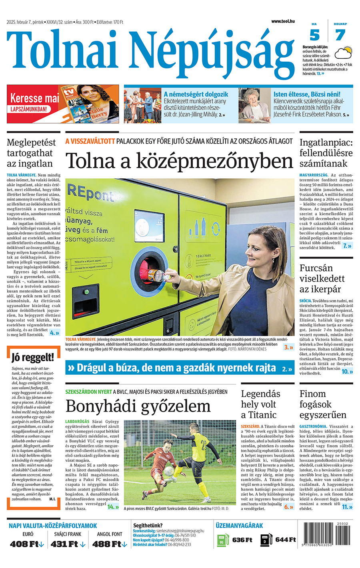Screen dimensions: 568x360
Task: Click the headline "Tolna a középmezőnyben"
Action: coord(180,161)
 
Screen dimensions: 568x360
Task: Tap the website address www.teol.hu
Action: coord(283,21)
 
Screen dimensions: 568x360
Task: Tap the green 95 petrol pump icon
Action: coord(222,540)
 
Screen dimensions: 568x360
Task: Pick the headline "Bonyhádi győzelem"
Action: coord(138,406)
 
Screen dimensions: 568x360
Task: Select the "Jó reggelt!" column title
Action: coord(33,357)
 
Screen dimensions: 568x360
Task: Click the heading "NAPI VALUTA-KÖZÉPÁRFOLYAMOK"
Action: coord(53,526)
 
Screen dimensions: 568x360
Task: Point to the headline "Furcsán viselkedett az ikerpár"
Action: coord(322,278)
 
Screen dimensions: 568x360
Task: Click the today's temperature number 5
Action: coord(314,36)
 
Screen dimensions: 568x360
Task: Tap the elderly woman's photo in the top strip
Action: coord(255,106)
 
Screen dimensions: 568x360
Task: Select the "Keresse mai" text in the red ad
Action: coord(34,98)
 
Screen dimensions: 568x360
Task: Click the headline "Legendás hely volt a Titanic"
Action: coord(260,404)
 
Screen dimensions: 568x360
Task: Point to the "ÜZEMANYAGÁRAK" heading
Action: coord(239,526)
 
